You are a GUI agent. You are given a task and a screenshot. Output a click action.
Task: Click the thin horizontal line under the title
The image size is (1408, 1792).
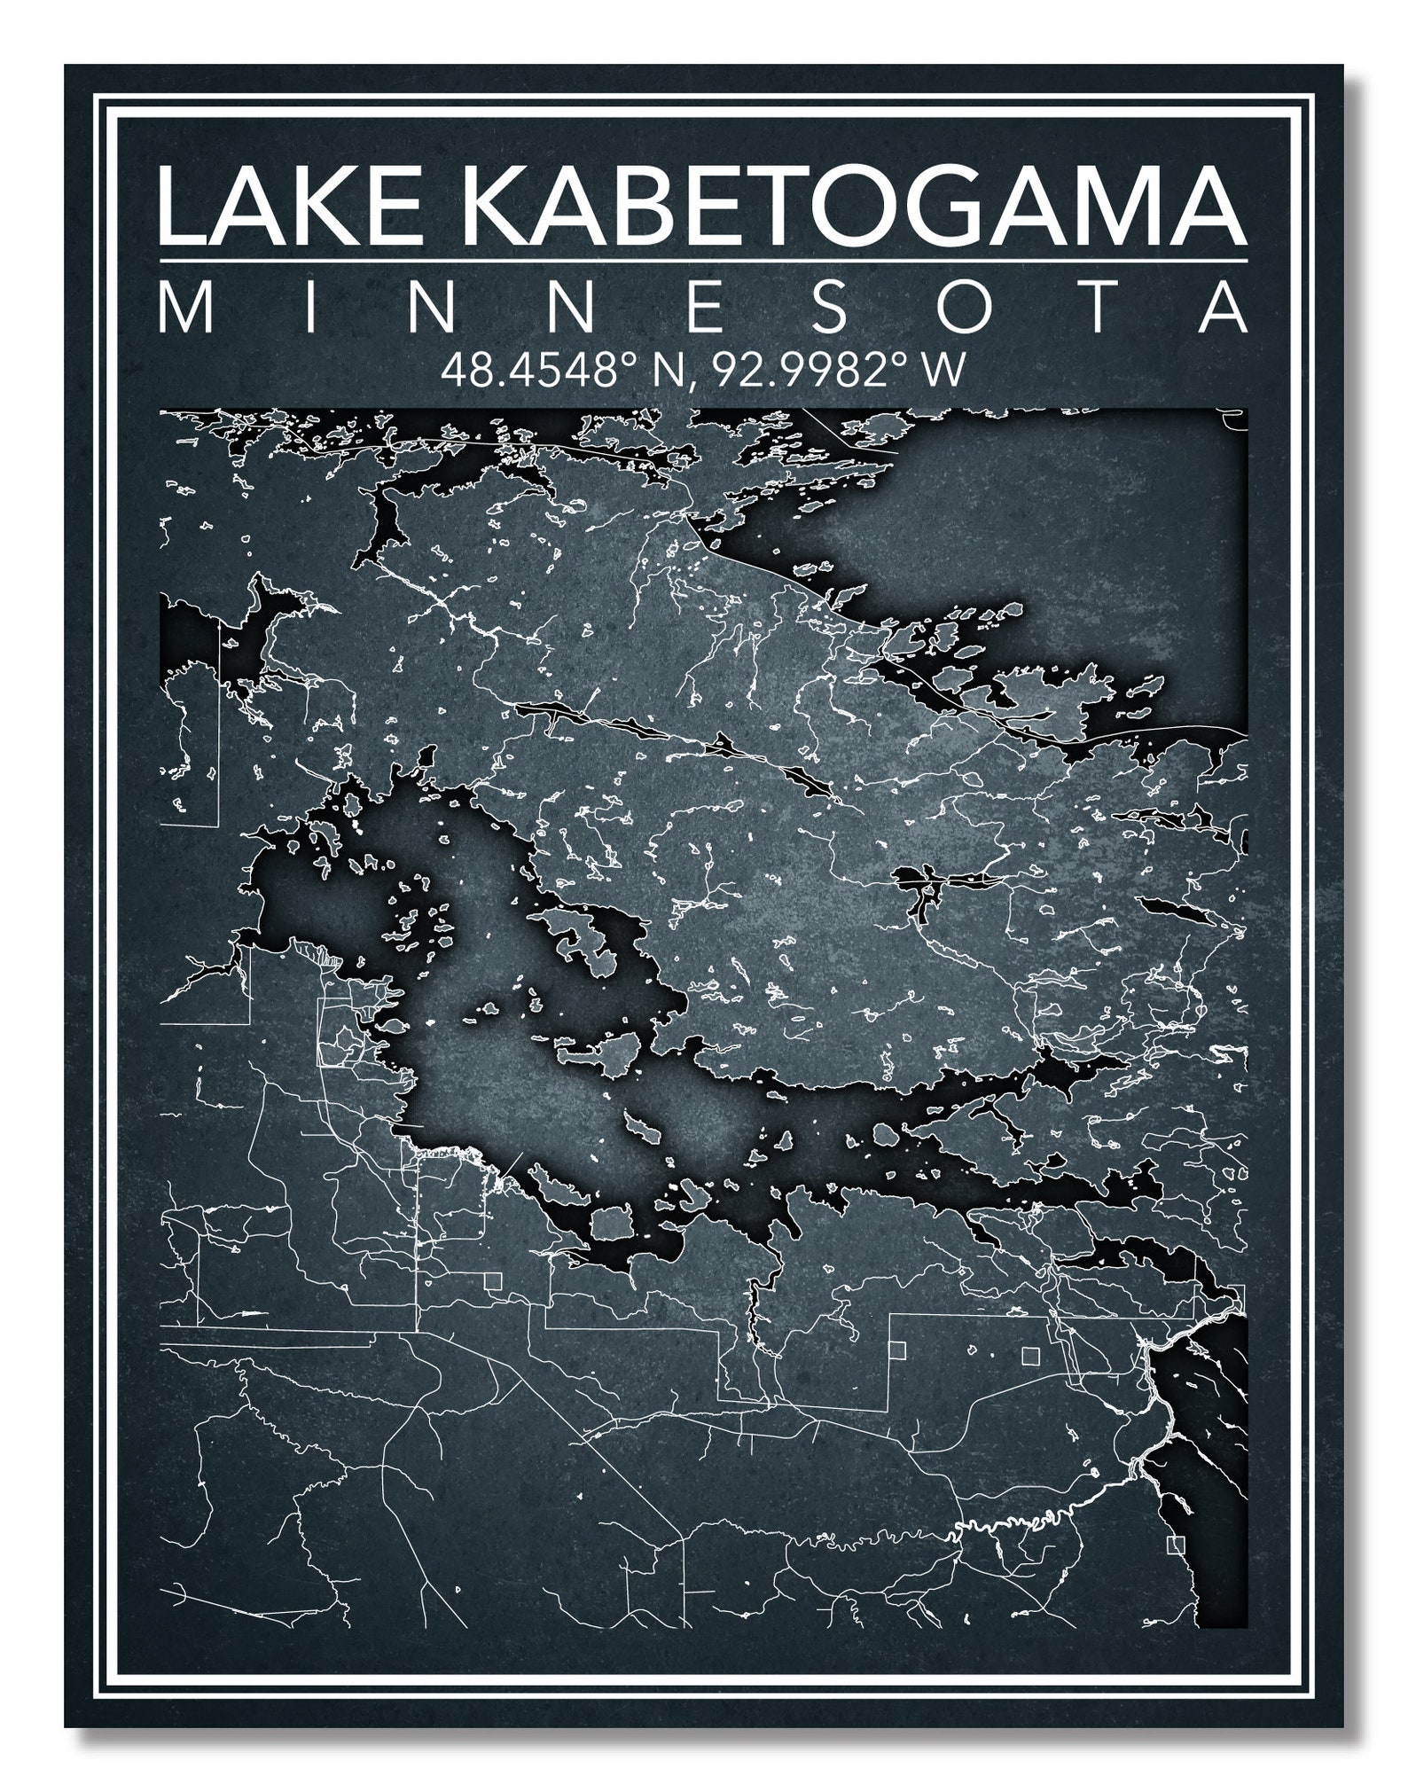(x=702, y=262)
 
